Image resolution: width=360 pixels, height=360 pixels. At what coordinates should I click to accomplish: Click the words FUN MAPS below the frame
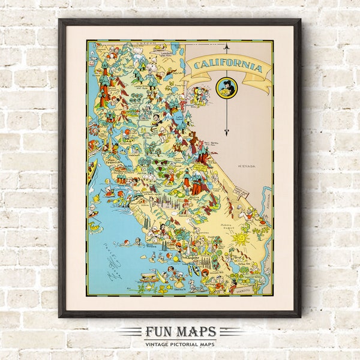pos(180,332)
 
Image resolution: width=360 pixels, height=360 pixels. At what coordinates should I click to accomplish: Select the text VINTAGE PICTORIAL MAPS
pos(180,343)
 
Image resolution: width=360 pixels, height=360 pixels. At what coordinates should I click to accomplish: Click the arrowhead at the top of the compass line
pos(227,46)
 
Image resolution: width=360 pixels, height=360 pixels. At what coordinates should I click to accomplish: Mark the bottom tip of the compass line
pos(227,134)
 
